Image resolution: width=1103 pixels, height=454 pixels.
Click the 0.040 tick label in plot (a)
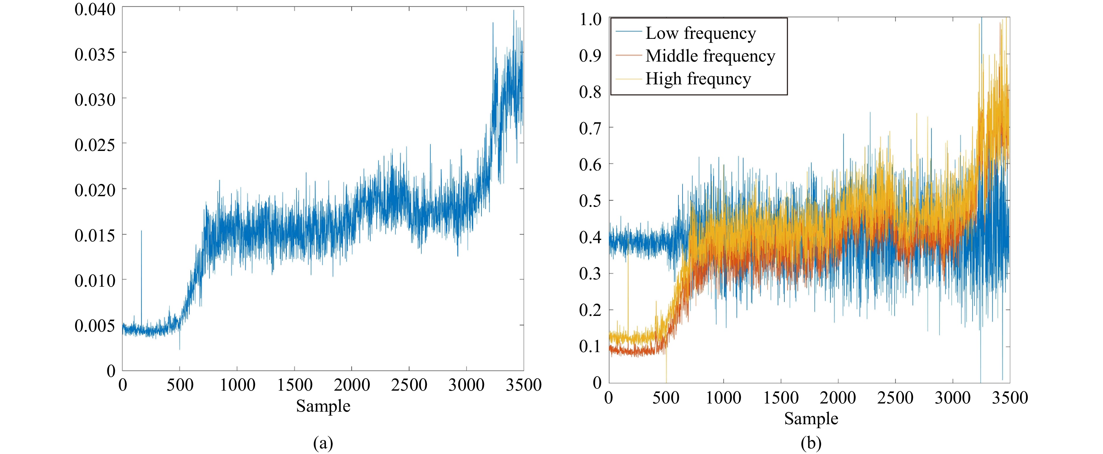95,9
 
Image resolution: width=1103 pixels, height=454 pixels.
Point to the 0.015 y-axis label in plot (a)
95,235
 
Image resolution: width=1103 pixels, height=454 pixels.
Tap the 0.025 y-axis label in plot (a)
95,145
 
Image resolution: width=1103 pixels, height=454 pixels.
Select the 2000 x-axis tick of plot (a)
352,385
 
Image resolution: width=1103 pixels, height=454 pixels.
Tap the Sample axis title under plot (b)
811,418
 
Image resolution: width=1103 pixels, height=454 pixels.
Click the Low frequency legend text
701,33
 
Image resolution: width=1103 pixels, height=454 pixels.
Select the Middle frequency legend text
710,56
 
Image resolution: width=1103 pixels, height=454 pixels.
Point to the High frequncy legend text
698,79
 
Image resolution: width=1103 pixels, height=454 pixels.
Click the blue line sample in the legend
629,32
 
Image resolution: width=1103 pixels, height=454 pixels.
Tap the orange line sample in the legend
629,55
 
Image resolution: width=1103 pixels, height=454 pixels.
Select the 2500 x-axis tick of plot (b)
895,397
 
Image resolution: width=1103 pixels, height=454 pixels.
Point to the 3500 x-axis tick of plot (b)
1010,397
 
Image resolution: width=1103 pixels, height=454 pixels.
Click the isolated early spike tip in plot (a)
141,231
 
